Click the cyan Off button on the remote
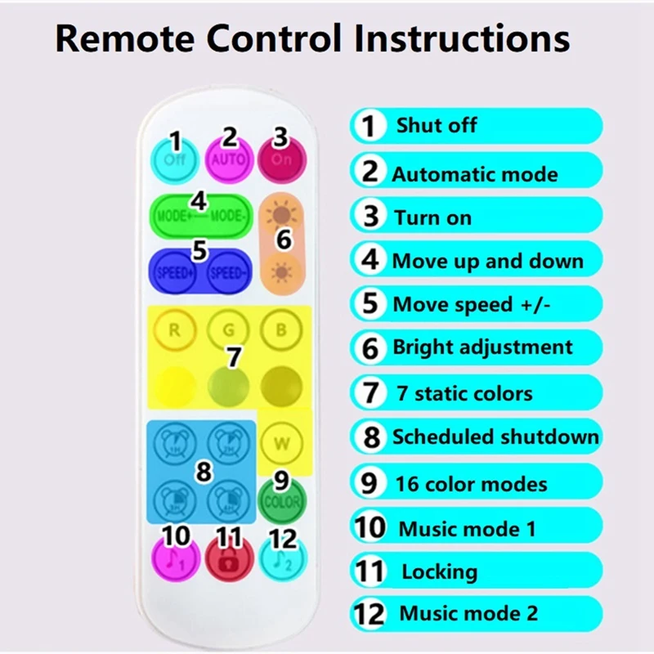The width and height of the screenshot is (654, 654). click(x=174, y=158)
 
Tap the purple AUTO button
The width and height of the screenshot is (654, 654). click(x=229, y=158)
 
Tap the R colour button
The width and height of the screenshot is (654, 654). click(x=174, y=331)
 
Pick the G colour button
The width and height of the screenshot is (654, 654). click(x=227, y=331)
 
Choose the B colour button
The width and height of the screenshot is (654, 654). click(x=281, y=331)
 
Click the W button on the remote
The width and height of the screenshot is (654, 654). click(x=281, y=444)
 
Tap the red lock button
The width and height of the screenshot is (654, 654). click(x=229, y=558)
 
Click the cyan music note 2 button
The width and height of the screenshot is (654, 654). click(x=282, y=558)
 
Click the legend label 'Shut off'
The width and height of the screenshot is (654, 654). click(x=436, y=126)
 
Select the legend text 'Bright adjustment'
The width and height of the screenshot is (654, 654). click(x=482, y=347)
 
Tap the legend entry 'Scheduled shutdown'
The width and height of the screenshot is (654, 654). click(x=495, y=437)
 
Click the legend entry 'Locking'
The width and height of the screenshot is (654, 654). click(x=439, y=571)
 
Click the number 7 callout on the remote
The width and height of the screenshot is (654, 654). click(x=234, y=357)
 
